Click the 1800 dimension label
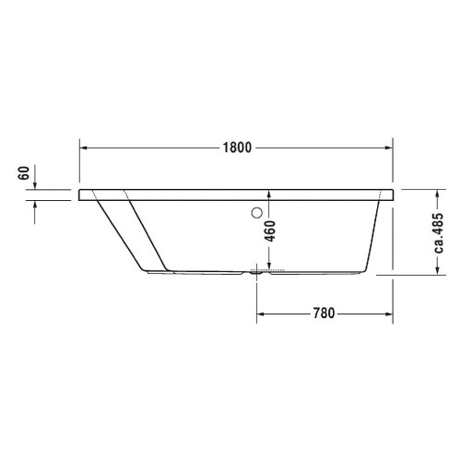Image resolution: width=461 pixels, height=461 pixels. point(237,147)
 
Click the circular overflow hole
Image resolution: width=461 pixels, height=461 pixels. point(252,214)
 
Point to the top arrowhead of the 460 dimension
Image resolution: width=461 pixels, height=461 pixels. point(268,195)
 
